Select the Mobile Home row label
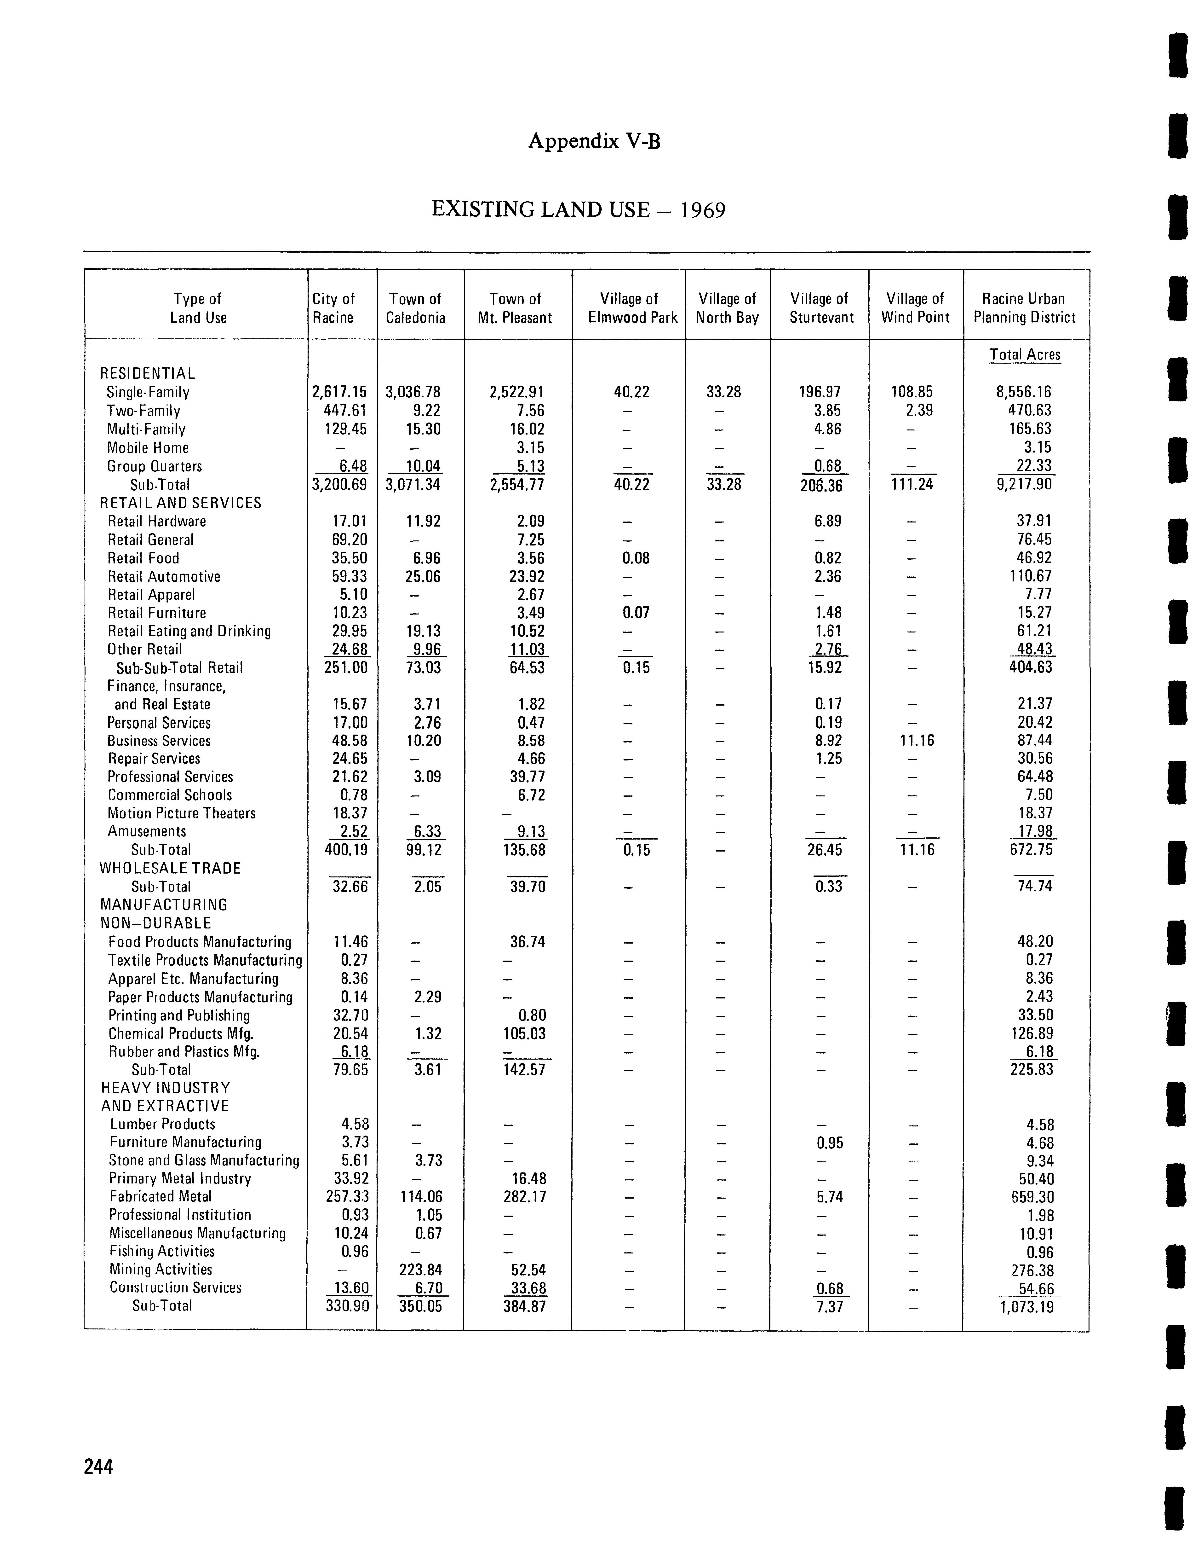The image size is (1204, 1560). pos(148,448)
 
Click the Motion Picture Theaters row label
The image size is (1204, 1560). pos(181,814)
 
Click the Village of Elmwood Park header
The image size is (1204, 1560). pos(632,308)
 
